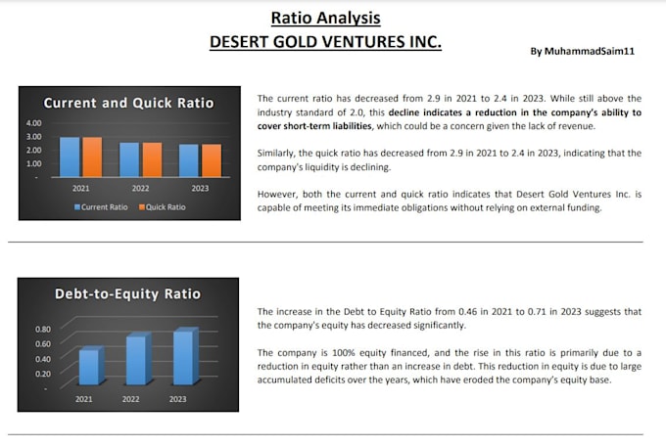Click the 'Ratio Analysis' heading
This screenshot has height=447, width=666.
click(326, 18)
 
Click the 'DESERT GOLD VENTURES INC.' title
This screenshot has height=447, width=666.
click(325, 41)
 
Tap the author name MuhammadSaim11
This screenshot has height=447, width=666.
click(590, 51)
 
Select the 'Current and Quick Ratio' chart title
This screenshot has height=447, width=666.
click(128, 103)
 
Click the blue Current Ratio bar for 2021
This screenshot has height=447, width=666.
click(70, 156)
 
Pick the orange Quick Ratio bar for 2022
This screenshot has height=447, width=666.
click(152, 159)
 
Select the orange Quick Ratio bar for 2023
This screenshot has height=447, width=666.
click(212, 160)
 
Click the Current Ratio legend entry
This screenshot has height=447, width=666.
click(101, 207)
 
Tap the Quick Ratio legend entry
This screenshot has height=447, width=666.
click(163, 207)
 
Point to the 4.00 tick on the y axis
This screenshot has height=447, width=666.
click(34, 123)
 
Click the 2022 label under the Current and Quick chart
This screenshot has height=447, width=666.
click(141, 188)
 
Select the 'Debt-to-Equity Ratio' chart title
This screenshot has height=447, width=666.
click(127, 293)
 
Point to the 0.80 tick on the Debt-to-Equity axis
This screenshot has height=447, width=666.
click(43, 329)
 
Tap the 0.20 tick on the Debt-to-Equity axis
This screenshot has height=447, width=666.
click(43, 374)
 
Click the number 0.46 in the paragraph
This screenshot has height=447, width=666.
click(467, 311)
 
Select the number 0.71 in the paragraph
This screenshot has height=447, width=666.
click(537, 311)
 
